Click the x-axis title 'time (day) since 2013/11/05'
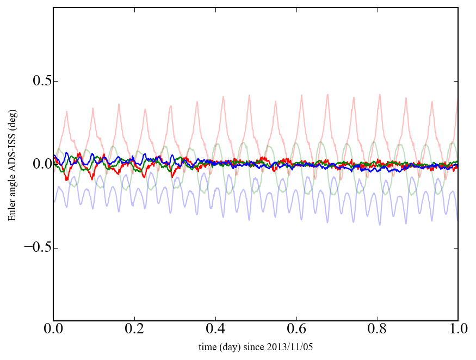pyautogui.click(x=256, y=346)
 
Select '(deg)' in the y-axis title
pyautogui.click(x=12, y=120)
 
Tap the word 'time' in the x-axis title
pyautogui.click(x=207, y=346)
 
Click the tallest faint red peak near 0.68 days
pyautogui.click(x=327, y=94)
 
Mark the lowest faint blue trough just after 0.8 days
pyautogui.click(x=380, y=225)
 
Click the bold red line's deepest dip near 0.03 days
pyautogui.click(x=66, y=179)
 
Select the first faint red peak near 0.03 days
pyautogui.click(x=67, y=111)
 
